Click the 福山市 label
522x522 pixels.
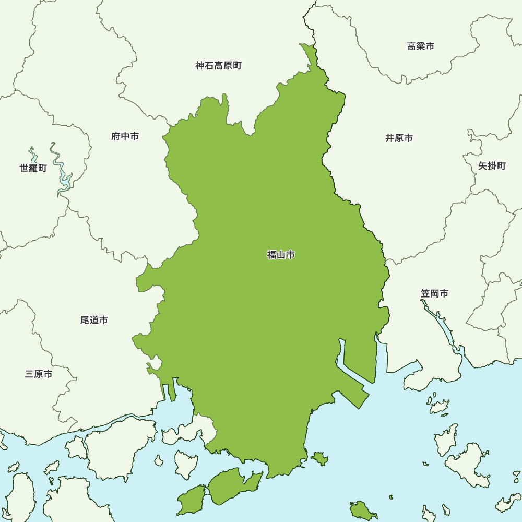(281, 255)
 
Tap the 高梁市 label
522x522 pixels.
(421, 46)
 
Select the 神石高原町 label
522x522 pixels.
(219, 66)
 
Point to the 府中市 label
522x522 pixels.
(125, 136)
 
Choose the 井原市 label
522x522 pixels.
(399, 138)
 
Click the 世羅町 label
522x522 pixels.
(33, 168)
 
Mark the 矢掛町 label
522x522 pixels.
(492, 166)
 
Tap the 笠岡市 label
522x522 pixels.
(435, 293)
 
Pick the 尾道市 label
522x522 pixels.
(94, 320)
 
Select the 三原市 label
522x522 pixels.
(39, 374)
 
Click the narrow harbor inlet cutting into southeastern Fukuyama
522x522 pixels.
(341, 355)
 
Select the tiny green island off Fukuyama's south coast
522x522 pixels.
(319, 459)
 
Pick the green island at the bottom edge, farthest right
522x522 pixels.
(362, 510)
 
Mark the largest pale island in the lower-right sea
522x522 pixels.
(467, 462)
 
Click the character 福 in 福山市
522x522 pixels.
(271, 255)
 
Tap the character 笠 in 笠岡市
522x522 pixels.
(425, 293)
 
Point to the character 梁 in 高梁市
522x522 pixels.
(421, 46)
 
